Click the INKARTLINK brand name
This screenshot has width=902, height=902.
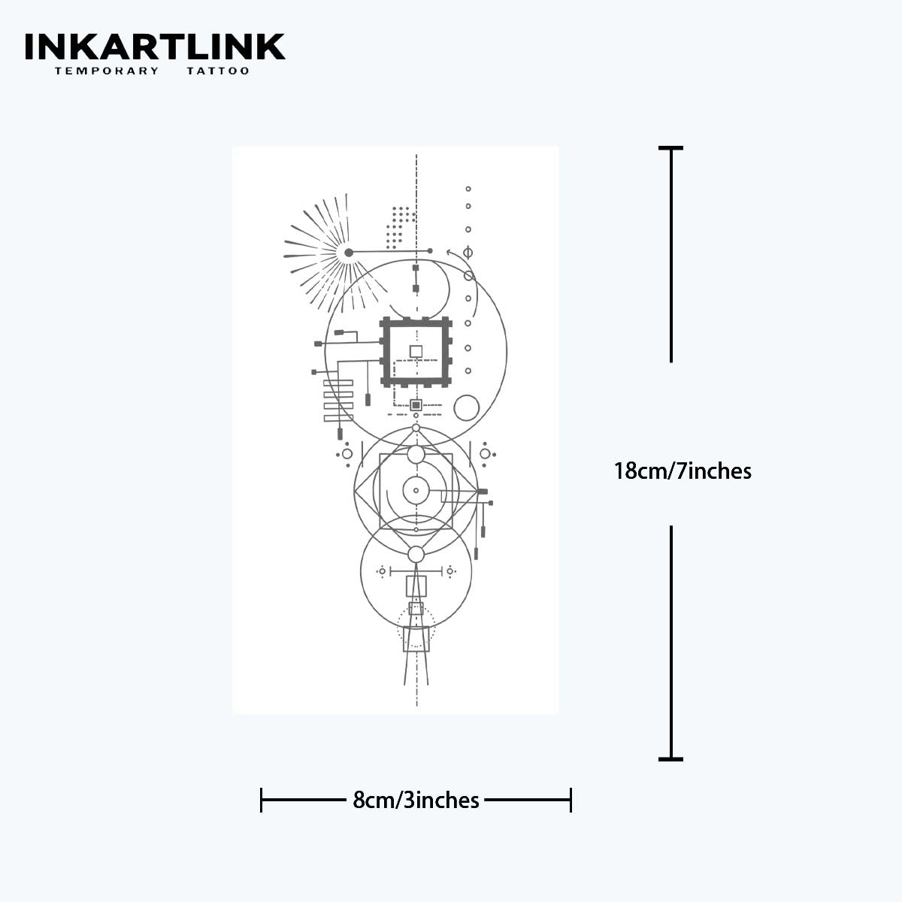tap(155, 47)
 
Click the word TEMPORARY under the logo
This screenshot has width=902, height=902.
tap(107, 71)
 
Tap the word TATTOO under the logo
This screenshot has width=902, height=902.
tap(218, 71)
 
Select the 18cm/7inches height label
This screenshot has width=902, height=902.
tap(683, 471)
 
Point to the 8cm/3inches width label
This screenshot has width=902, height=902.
tap(416, 801)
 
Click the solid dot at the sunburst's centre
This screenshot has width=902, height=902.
tap(348, 253)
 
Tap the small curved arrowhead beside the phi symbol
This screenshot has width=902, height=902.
tap(450, 253)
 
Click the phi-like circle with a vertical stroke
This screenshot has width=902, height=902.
tap(468, 253)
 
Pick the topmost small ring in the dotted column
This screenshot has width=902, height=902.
tap(468, 189)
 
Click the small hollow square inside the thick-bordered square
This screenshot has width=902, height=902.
tap(416, 351)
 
